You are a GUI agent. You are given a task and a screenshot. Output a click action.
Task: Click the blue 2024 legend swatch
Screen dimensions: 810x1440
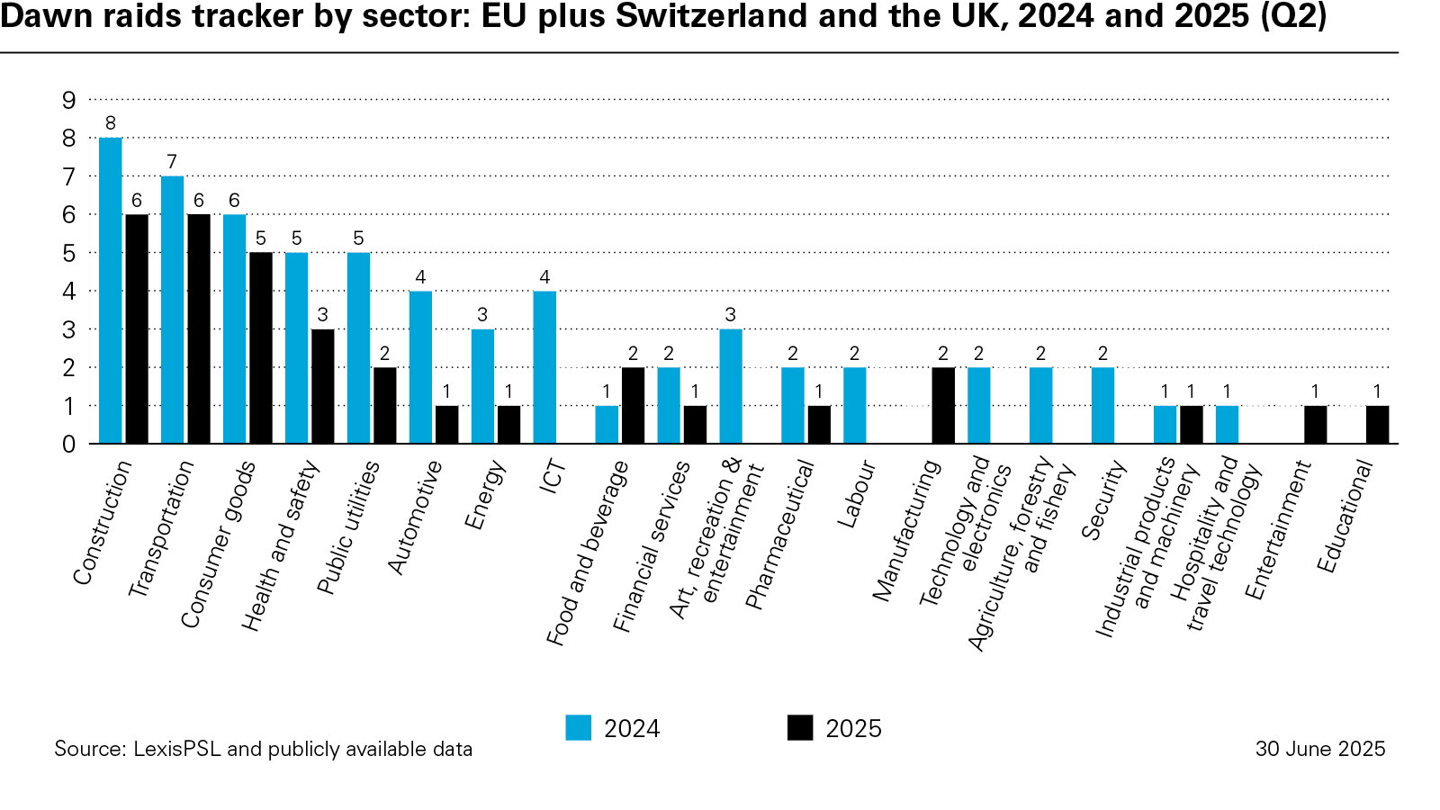(x=579, y=728)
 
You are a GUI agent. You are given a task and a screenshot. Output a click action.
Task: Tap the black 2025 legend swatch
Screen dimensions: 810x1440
(x=800, y=728)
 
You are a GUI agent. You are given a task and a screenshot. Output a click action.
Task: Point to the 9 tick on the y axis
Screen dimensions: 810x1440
(x=69, y=100)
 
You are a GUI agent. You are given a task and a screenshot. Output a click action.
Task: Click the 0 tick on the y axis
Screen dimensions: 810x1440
(x=69, y=444)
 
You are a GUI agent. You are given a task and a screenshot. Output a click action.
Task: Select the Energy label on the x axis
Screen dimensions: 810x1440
(x=485, y=495)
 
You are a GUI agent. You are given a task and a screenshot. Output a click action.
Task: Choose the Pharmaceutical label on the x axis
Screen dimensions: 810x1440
(x=779, y=535)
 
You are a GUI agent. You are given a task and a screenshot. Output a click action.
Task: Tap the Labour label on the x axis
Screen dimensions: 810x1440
(x=856, y=494)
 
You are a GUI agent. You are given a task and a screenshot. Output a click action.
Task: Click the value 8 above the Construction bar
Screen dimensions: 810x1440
(x=111, y=123)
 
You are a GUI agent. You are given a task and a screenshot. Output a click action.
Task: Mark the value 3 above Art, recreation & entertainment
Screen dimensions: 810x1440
(x=731, y=315)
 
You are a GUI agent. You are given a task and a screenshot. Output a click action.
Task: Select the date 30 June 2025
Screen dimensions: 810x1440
(x=1320, y=749)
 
